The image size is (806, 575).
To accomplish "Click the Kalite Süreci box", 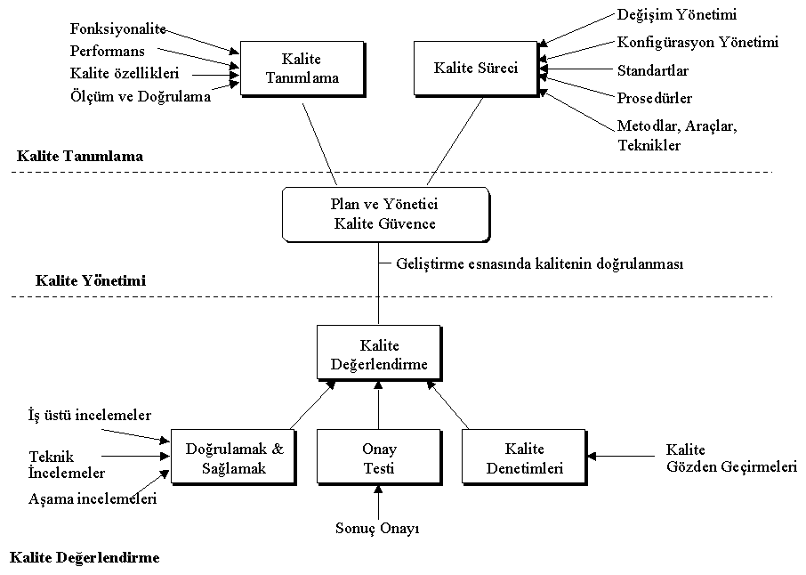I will click(476, 68).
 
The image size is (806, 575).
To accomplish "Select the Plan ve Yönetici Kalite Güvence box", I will click(384, 214).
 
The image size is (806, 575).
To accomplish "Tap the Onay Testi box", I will click(379, 458).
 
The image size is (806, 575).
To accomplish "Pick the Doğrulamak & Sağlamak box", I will click(231, 458).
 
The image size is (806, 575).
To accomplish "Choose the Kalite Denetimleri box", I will click(524, 458).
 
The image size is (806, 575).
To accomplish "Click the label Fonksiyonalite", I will click(118, 30).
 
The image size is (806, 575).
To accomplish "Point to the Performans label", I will click(107, 52).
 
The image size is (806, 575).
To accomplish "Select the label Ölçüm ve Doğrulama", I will click(141, 97).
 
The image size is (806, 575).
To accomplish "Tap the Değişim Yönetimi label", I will click(677, 15).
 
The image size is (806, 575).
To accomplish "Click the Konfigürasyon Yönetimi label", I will click(697, 42).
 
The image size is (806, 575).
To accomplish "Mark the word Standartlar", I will click(653, 70).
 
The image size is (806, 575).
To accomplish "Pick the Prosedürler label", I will click(655, 98).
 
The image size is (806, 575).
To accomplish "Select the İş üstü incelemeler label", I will click(90, 415).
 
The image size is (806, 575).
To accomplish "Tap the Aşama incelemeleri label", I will click(93, 499).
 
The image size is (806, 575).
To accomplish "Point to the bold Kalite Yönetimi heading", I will click(91, 280).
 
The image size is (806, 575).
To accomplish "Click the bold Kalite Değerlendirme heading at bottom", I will click(85, 558).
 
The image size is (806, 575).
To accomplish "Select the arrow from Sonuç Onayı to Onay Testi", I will click(379, 503).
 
